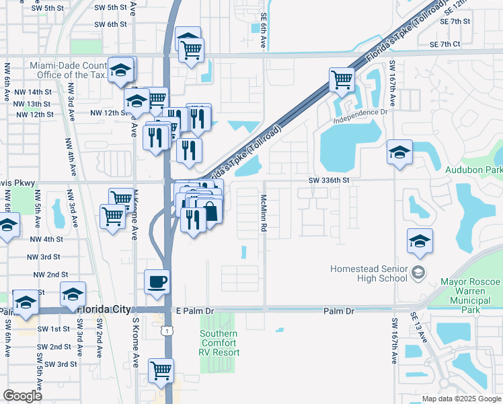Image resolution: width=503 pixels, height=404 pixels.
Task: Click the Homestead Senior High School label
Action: click(369, 274)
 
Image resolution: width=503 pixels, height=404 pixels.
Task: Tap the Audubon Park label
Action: click(473, 170)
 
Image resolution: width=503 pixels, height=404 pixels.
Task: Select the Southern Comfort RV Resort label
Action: click(219, 343)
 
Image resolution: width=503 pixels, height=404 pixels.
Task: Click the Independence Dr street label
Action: click(360, 115)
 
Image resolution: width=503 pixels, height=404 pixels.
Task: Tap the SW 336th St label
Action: click(330, 180)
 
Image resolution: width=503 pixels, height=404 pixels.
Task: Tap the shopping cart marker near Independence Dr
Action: click(342, 79)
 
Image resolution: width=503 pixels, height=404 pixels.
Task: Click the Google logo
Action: click(22, 396)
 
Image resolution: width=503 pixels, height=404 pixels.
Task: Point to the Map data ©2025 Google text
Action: click(461, 399)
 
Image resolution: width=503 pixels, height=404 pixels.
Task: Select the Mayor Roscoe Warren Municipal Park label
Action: click(471, 296)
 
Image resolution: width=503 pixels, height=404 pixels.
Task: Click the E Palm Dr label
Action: click(194, 311)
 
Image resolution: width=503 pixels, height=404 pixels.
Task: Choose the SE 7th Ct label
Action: click(447, 44)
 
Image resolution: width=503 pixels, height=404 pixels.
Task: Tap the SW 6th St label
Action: click(111, 24)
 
